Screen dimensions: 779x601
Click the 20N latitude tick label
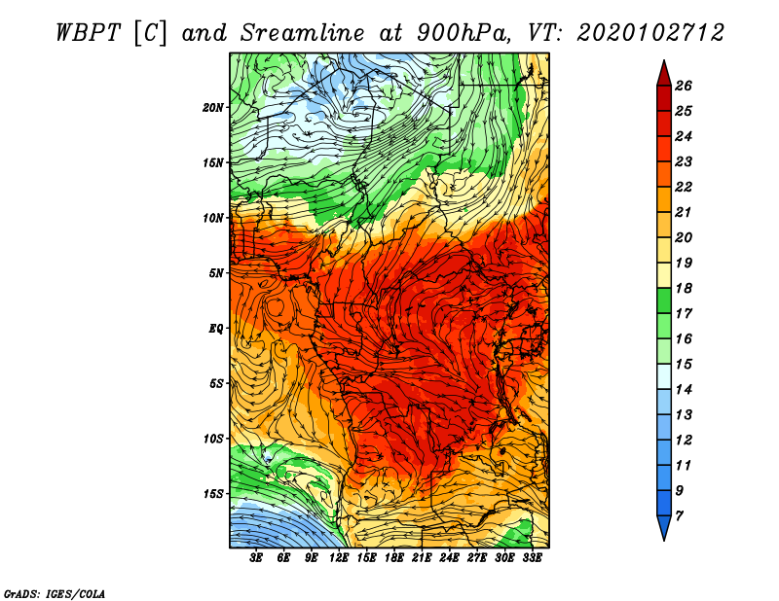pyautogui.click(x=213, y=108)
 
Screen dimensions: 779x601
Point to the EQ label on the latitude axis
pyautogui.click(x=215, y=329)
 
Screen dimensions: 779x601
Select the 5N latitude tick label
pyautogui.click(x=216, y=273)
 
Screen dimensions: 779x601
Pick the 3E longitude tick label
pyautogui.click(x=256, y=558)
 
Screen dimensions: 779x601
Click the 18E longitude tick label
pyautogui.click(x=393, y=558)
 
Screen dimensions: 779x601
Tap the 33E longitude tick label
pyautogui.click(x=532, y=558)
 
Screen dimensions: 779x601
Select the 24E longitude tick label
pyautogui.click(x=449, y=558)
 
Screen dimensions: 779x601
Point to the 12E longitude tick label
pyautogui.click(x=338, y=558)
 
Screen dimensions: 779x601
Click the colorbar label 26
pyautogui.click(x=684, y=86)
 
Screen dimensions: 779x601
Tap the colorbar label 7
pyautogui.click(x=679, y=516)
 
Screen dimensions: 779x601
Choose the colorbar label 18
pyautogui.click(x=684, y=288)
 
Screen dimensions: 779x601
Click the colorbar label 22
pyautogui.click(x=684, y=187)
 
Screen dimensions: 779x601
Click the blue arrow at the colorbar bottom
pyautogui.click(x=664, y=527)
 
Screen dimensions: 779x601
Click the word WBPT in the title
pyautogui.click(x=88, y=33)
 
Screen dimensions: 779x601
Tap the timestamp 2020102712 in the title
pyautogui.click(x=650, y=33)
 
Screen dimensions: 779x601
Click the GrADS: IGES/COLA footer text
pyautogui.click(x=55, y=594)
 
